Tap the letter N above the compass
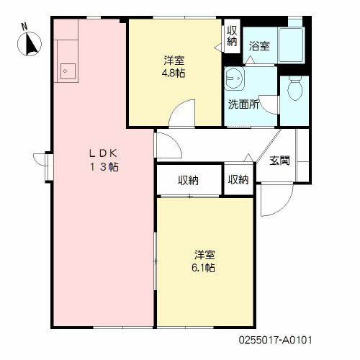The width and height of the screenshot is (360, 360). coord(24,27)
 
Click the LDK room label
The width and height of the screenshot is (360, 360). coord(102,153)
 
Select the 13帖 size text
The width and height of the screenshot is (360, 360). coord(103,166)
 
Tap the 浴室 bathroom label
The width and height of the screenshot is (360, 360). coord(259,46)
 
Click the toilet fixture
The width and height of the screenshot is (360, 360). coord(294,90)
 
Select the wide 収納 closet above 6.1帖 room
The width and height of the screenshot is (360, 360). coord(188,180)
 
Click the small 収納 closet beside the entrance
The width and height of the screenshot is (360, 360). coord(238,180)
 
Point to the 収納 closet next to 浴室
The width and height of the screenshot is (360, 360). coord(232,36)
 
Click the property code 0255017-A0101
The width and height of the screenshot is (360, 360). coord(279,337)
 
